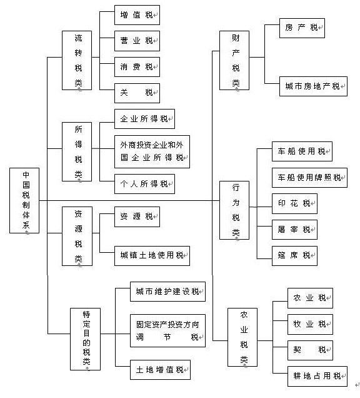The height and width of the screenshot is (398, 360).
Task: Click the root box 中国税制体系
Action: click(24, 200)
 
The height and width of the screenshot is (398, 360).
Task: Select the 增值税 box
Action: click(137, 15)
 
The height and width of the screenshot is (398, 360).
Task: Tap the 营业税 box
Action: click(137, 41)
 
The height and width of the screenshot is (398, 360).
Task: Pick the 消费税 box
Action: click(137, 67)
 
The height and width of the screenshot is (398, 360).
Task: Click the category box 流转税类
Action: click(77, 61)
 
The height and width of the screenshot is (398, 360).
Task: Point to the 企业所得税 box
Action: click(144, 119)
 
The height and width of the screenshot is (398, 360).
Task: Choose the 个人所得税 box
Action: click(144, 184)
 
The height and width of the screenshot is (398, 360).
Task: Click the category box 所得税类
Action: click(77, 152)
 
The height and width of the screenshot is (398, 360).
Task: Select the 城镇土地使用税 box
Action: click(152, 256)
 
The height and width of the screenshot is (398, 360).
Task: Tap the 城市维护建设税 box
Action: click(168, 292)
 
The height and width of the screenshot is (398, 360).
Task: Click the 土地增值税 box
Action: click(160, 370)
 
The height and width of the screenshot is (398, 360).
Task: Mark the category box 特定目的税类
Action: click(85, 339)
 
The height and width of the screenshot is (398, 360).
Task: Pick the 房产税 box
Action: click(302, 28)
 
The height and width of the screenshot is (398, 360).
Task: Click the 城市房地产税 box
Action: click(313, 86)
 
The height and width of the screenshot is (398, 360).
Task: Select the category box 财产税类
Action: click(234, 61)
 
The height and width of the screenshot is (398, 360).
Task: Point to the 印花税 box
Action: click(294, 203)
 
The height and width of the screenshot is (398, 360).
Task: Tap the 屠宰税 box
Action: click(294, 230)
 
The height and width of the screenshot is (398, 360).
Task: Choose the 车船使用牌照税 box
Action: click(309, 178)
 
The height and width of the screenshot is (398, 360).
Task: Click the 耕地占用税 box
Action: click(317, 377)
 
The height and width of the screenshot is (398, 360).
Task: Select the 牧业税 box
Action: click(310, 324)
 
